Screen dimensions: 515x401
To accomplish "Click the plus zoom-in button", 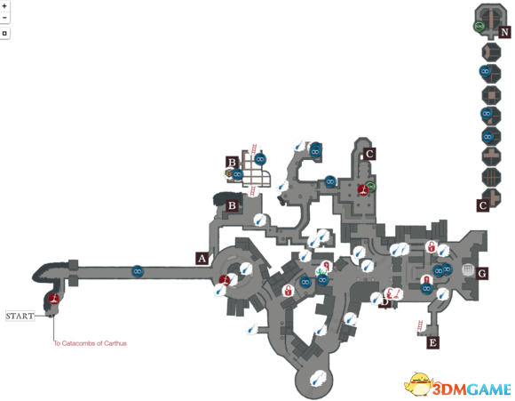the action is tap(4, 6).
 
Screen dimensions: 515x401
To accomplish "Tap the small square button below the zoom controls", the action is tap(4, 33).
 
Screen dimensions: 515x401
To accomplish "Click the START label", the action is tap(20, 316).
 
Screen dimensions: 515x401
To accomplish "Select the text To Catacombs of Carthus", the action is tap(91, 343).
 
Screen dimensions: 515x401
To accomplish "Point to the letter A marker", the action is tap(202, 259).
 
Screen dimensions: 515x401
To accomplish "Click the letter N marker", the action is tap(504, 32).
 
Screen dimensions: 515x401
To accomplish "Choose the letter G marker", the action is tap(482, 273).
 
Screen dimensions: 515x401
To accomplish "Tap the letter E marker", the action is tap(433, 343).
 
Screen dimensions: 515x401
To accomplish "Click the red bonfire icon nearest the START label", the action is tap(54, 299).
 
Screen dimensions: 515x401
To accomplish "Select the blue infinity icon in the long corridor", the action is tap(138, 271).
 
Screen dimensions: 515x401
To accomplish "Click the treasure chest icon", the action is tap(229, 172).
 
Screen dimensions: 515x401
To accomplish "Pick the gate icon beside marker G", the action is tap(468, 269).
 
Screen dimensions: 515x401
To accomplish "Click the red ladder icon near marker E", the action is tap(420, 326).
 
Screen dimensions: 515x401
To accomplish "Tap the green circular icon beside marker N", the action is tap(479, 26).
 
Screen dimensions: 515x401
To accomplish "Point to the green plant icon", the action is tap(321, 272).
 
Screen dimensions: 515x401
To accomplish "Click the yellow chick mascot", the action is tap(418, 384).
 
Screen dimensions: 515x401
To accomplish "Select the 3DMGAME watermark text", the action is tap(471, 389).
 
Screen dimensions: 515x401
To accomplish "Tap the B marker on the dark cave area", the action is tap(232, 205).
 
